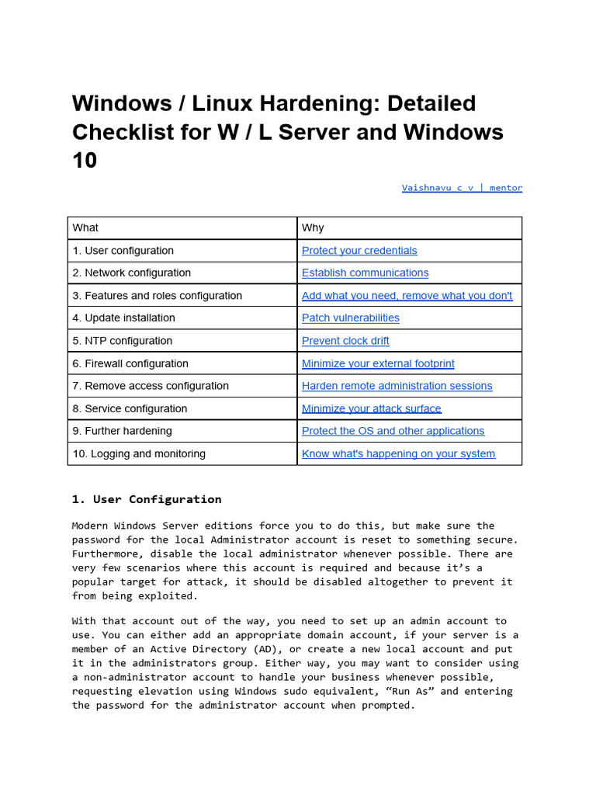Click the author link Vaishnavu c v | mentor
pyautogui.click(x=462, y=188)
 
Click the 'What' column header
pyautogui.click(x=85, y=227)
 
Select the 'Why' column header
pyautogui.click(x=313, y=227)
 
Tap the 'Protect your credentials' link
pyautogui.click(x=359, y=251)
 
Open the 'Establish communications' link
pyautogui.click(x=365, y=273)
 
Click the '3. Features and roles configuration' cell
pyautogui.click(x=157, y=296)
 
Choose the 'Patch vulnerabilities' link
pyautogui.click(x=351, y=318)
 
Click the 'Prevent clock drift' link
pyautogui.click(x=345, y=341)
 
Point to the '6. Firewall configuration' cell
pyautogui.click(x=130, y=363)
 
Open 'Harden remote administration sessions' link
pyautogui.click(x=397, y=386)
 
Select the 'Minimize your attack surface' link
pyautogui.click(x=371, y=409)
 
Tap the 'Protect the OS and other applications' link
pyautogui.click(x=393, y=431)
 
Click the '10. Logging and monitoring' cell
pyautogui.click(x=139, y=454)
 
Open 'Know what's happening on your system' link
pyautogui.click(x=398, y=454)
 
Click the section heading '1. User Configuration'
pyautogui.click(x=147, y=499)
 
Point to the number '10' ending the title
pyautogui.click(x=85, y=161)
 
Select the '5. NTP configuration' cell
pyautogui.click(x=123, y=341)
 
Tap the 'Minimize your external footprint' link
pyautogui.click(x=378, y=363)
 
